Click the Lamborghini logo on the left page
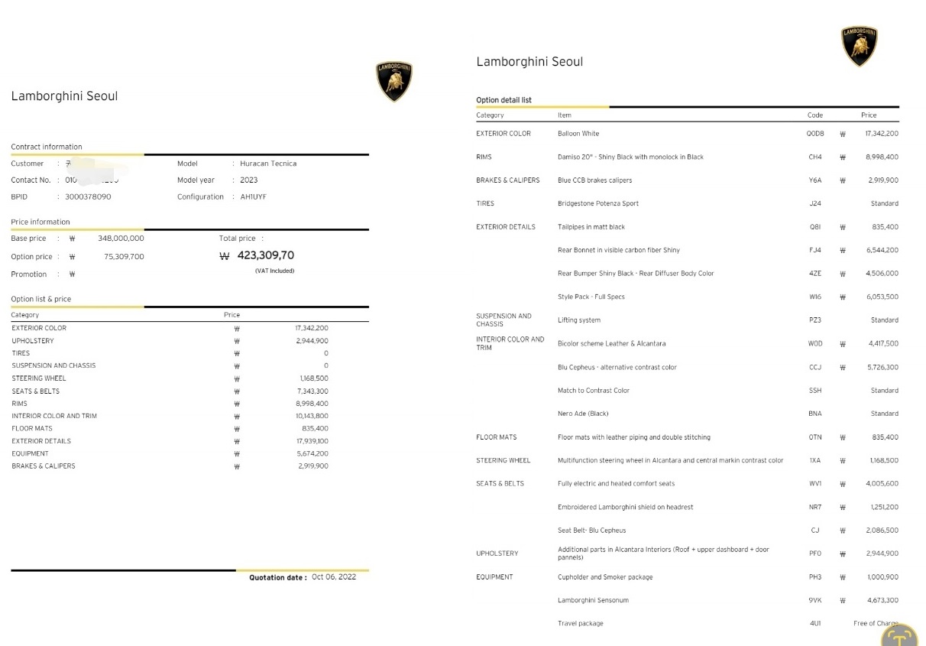(x=394, y=81)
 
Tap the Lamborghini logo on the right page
(x=859, y=46)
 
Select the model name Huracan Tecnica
(x=268, y=164)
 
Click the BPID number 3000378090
(x=88, y=196)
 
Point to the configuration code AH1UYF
(x=253, y=196)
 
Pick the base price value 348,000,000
(x=121, y=239)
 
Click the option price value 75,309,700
(x=124, y=257)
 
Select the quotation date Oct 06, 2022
(x=334, y=577)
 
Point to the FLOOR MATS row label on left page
(x=31, y=429)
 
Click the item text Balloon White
(x=578, y=134)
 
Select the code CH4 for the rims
(x=815, y=157)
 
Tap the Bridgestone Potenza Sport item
(x=598, y=203)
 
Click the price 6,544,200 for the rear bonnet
(x=882, y=250)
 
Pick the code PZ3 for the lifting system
(x=815, y=320)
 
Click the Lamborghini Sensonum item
(x=593, y=600)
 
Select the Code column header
(x=815, y=115)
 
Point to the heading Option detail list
(x=503, y=100)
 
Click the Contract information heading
(x=47, y=147)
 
